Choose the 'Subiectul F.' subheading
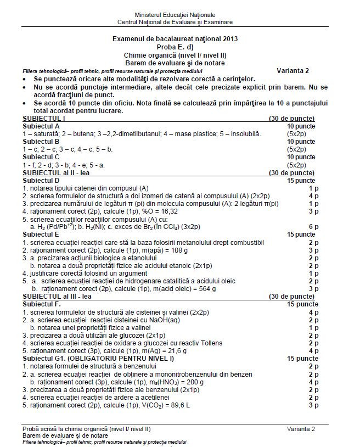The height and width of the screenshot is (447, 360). [x=42, y=304]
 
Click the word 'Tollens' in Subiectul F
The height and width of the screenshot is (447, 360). [x=210, y=343]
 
